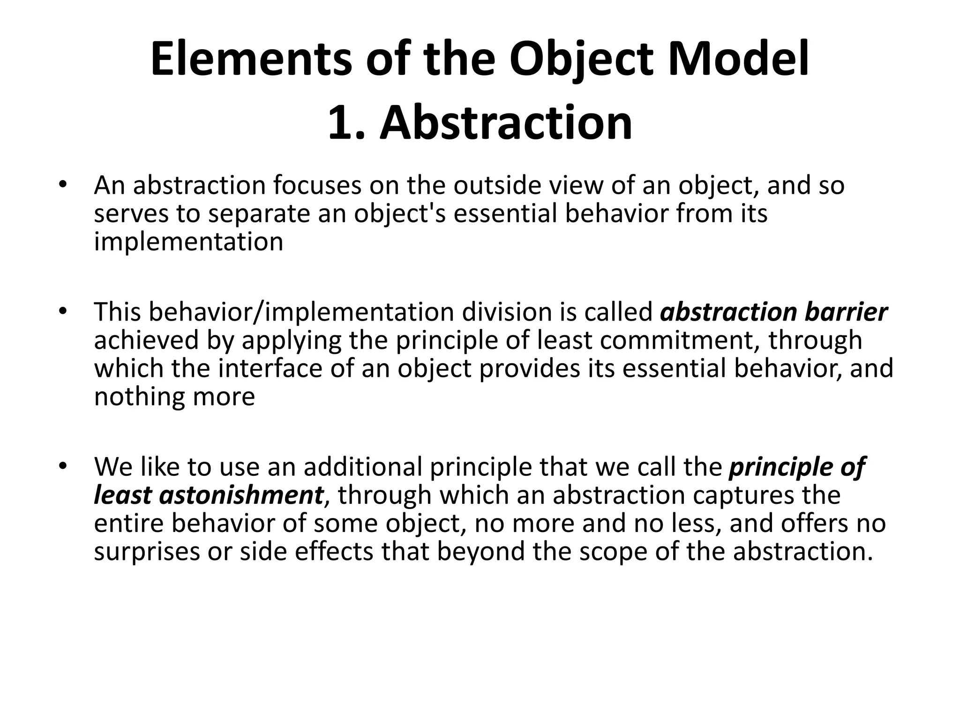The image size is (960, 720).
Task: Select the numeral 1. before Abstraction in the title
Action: tap(346, 123)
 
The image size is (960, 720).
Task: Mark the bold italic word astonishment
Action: tap(241, 495)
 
